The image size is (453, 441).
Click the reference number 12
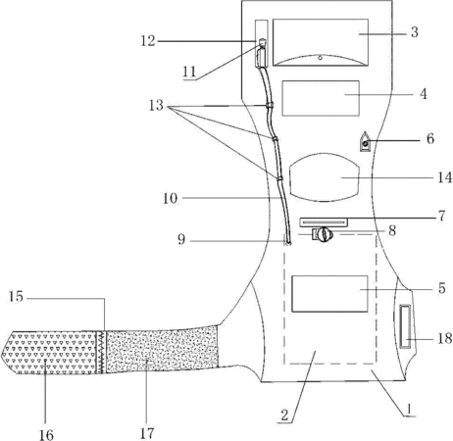(148, 41)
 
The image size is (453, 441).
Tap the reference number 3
(415, 32)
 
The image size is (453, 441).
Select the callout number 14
(445, 177)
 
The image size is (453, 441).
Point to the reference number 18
(445, 338)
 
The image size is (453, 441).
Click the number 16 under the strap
(46, 435)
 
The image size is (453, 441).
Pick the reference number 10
(170, 198)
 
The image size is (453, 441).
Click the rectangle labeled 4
(321, 98)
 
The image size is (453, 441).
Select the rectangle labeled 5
(329, 293)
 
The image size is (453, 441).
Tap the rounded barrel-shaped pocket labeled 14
(325, 177)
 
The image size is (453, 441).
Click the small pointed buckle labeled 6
(365, 142)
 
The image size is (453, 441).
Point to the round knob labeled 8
(325, 234)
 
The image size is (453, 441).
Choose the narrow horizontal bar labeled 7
(324, 222)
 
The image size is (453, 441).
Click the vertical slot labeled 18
(406, 326)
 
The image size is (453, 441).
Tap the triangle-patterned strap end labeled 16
(49, 352)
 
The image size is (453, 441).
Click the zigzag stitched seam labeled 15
(101, 352)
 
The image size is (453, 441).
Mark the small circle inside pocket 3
(321, 58)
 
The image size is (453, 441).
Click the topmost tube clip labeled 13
(270, 105)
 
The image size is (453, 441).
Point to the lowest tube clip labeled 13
(278, 178)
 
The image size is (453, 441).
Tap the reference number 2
(284, 416)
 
